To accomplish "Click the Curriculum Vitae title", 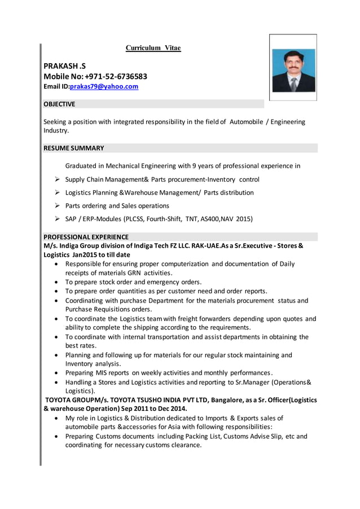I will tap(153, 48).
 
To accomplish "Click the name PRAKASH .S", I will tap(65, 65).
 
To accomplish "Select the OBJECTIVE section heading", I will tap(59, 104).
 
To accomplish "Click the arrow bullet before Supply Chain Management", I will tap(58, 179).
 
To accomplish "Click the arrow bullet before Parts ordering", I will tap(58, 205).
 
